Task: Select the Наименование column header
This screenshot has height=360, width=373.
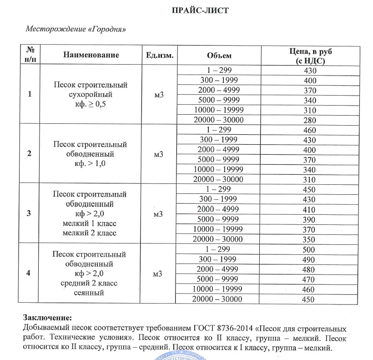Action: pyautogui.click(x=91, y=55)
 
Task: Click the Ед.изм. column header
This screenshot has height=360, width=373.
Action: pyautogui.click(x=159, y=55)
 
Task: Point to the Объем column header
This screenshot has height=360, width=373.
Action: pyautogui.click(x=219, y=55)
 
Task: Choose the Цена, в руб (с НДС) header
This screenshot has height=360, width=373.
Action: pyautogui.click(x=310, y=55)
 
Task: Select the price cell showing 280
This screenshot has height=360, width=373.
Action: pyautogui.click(x=310, y=120)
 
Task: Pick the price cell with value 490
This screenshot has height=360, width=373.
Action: pyautogui.click(x=310, y=260)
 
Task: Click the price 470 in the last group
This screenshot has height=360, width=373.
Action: pyautogui.click(x=310, y=279)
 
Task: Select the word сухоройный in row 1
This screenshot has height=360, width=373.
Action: pyautogui.click(x=90, y=95)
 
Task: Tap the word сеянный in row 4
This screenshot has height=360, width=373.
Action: pyautogui.click(x=89, y=293)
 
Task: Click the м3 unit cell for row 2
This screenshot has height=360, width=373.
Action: pyautogui.click(x=159, y=154)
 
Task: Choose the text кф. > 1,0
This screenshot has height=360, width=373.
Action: pyautogui.click(x=90, y=164)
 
